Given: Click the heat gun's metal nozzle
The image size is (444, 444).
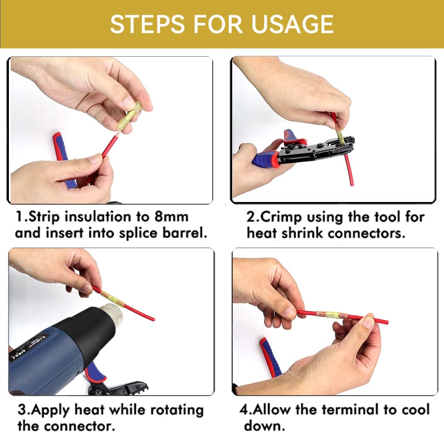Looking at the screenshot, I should pyautogui.click(x=111, y=313).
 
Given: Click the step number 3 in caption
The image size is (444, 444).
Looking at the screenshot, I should pyautogui.click(x=21, y=409).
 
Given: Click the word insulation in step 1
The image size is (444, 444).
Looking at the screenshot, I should pyautogui.click(x=101, y=217).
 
